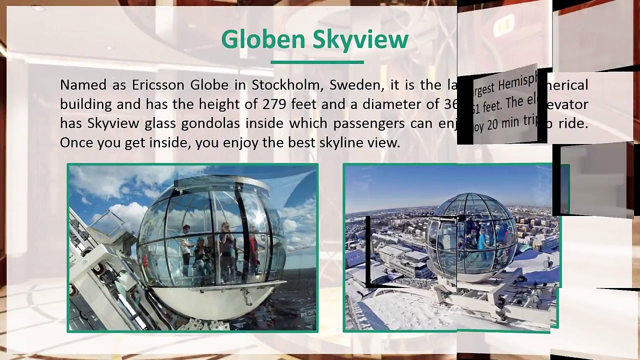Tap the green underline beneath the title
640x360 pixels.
(x=317, y=62)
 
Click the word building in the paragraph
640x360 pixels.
(x=85, y=104)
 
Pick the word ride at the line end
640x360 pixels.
(x=572, y=123)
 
